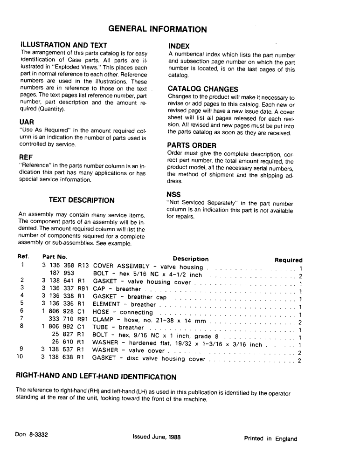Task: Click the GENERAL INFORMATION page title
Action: tap(158, 29)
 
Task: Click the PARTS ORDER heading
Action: tap(191, 145)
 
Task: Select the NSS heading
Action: tap(173, 194)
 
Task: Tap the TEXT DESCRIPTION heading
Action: tap(82, 200)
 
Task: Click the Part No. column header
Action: tap(55, 256)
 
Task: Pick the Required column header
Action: tap(288, 260)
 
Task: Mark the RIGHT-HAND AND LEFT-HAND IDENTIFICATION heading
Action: tap(96, 377)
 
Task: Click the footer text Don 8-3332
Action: tap(32, 434)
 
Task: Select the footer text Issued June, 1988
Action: tap(157, 437)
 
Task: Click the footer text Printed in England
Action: tap(270, 439)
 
